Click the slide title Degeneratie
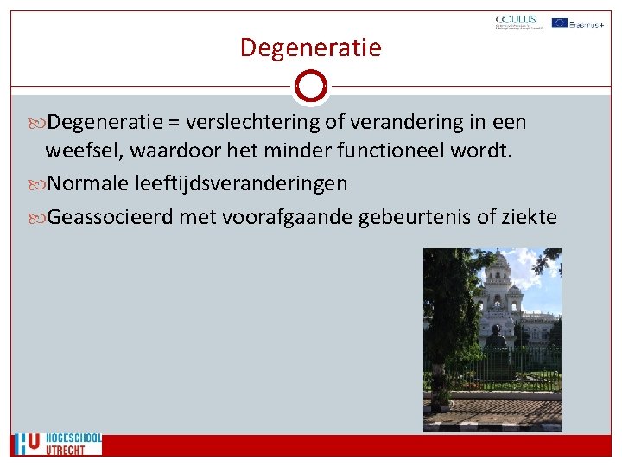click(310, 47)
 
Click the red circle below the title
click(310, 86)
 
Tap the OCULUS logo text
click(516, 19)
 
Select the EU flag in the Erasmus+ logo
click(559, 22)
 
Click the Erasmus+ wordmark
click(587, 23)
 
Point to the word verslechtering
click(247, 123)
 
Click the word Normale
click(88, 183)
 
